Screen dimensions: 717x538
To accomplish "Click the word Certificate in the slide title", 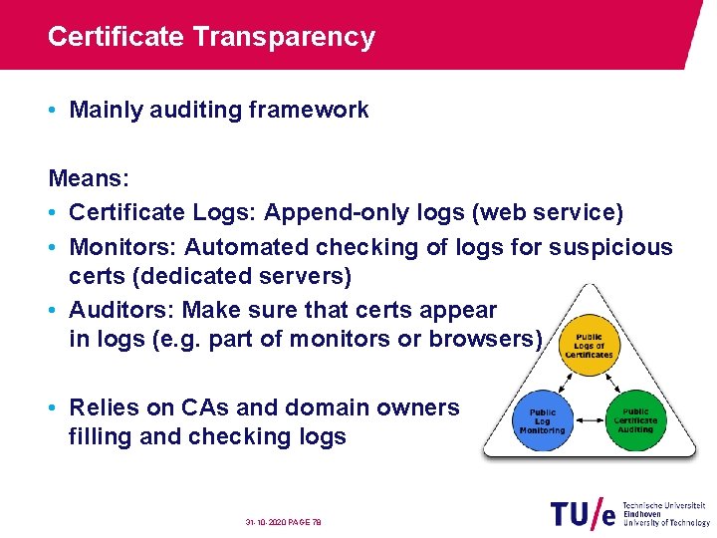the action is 116,37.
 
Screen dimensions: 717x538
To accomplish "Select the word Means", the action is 86,179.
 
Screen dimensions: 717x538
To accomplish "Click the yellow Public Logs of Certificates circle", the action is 589,346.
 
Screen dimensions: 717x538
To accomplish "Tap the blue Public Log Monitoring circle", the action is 542,420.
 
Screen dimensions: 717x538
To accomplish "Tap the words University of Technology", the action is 666,522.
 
